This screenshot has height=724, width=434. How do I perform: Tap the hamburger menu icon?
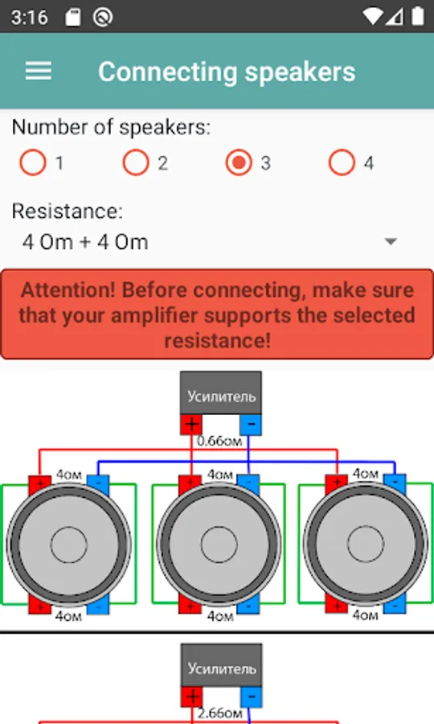coord(39,72)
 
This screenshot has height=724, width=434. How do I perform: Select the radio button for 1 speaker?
coord(33,162)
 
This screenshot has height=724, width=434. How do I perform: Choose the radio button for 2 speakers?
coord(136,162)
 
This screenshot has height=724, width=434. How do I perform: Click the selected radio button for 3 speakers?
coord(239,162)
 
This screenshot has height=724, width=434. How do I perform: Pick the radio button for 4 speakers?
coord(342,162)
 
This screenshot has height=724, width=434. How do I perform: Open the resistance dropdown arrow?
coord(391,241)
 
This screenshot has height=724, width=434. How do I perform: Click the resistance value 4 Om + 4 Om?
coord(85,242)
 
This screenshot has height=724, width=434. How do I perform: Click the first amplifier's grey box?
coord(221,393)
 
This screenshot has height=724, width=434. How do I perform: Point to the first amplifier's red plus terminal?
coord(191,424)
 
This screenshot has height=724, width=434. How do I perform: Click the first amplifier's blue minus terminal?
coord(251,424)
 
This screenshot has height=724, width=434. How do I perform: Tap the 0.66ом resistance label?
coord(219,442)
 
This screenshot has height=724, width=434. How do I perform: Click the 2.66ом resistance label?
coord(219,714)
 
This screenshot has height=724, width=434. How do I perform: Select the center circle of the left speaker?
coord(69,545)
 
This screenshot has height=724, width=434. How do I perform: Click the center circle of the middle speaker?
coord(219,545)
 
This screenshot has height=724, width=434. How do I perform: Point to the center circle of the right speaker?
coord(365,544)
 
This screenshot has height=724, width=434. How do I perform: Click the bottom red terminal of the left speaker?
coord(39,604)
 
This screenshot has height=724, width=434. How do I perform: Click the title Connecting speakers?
coord(227,72)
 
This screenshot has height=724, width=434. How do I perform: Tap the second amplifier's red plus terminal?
coord(191,697)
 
